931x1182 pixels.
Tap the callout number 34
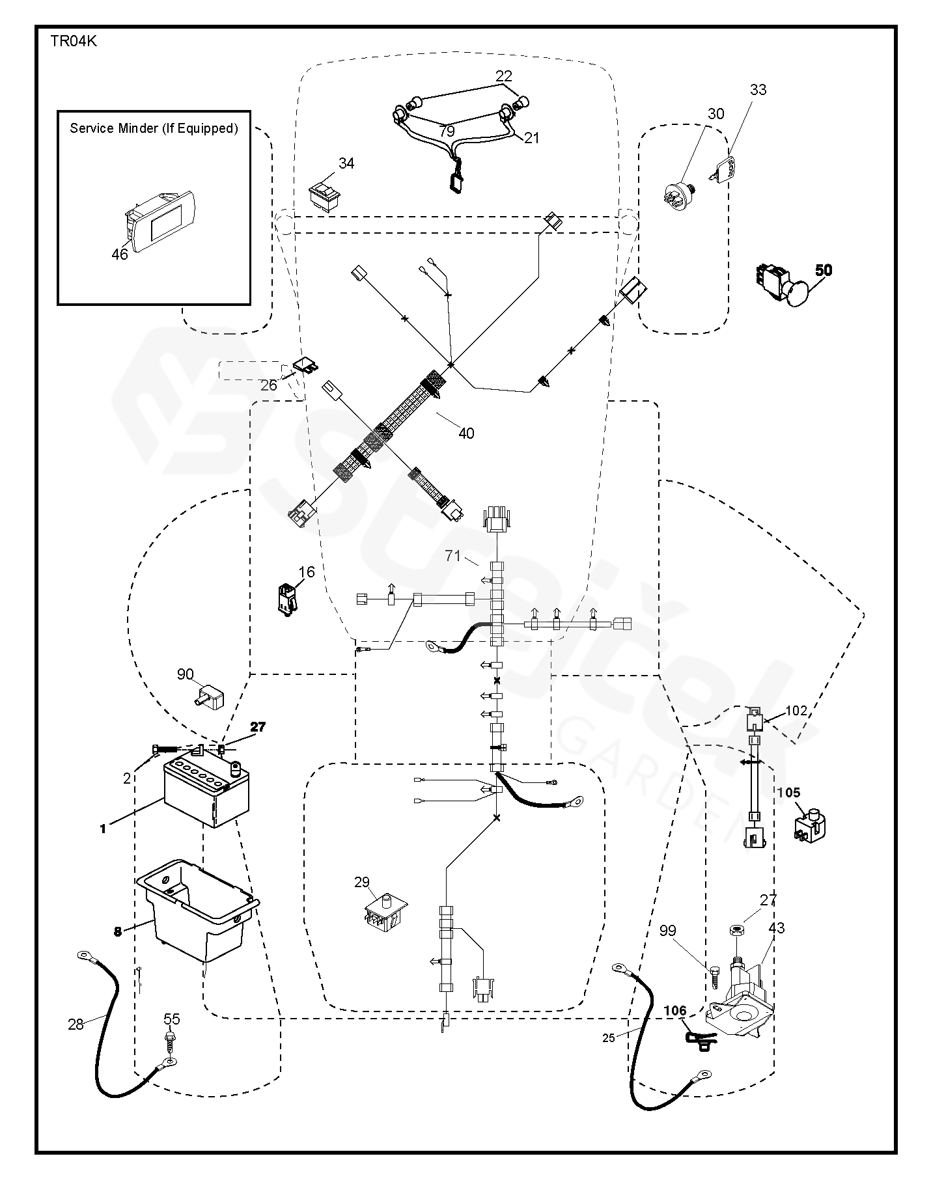tap(346, 163)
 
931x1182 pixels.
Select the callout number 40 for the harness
tap(466, 433)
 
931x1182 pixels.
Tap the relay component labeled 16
tap(286, 598)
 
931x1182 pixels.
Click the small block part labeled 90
tap(210, 698)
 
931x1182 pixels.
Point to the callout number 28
tap(76, 1024)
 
